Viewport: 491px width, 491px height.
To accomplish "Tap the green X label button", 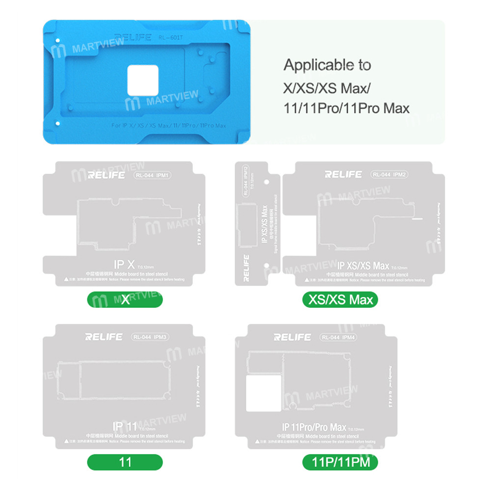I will pos(125,299).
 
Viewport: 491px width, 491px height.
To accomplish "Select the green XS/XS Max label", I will pos(341,299).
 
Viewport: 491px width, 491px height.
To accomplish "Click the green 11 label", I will pos(125,462).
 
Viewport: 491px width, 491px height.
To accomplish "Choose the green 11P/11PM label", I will pos(340,462).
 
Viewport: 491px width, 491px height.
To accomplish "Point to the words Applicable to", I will pos(327,65).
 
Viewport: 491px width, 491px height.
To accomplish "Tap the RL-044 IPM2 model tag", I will pos(390,174).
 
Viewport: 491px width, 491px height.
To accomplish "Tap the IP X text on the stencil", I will pos(124,266).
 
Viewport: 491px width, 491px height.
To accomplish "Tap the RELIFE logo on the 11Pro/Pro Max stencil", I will pos(293,337).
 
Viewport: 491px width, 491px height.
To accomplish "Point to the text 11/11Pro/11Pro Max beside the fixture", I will pos(346,108).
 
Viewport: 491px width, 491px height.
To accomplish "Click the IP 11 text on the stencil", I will pos(124,426).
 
